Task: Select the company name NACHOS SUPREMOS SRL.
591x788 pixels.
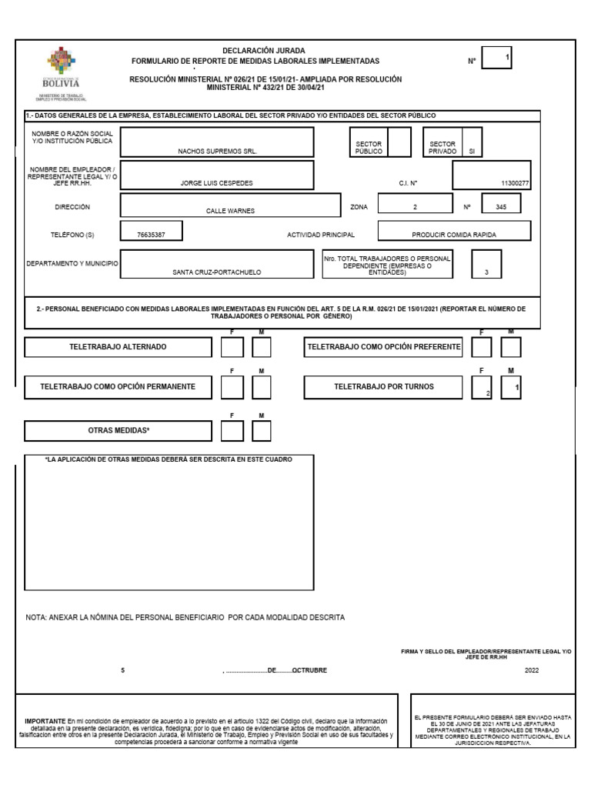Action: [218, 152]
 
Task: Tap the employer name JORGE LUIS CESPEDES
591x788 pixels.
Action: [218, 184]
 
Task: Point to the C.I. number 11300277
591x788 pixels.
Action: [515, 184]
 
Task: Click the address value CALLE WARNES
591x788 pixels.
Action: [230, 210]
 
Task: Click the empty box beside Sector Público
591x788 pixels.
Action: [399, 142]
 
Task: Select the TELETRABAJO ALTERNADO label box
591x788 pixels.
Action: [118, 348]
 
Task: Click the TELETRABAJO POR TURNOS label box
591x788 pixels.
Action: [383, 387]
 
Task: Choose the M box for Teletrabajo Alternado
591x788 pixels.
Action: [262, 348]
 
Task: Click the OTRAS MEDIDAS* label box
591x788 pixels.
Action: [118, 431]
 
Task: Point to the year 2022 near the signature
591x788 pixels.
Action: [532, 670]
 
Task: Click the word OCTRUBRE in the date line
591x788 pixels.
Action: [309, 670]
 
